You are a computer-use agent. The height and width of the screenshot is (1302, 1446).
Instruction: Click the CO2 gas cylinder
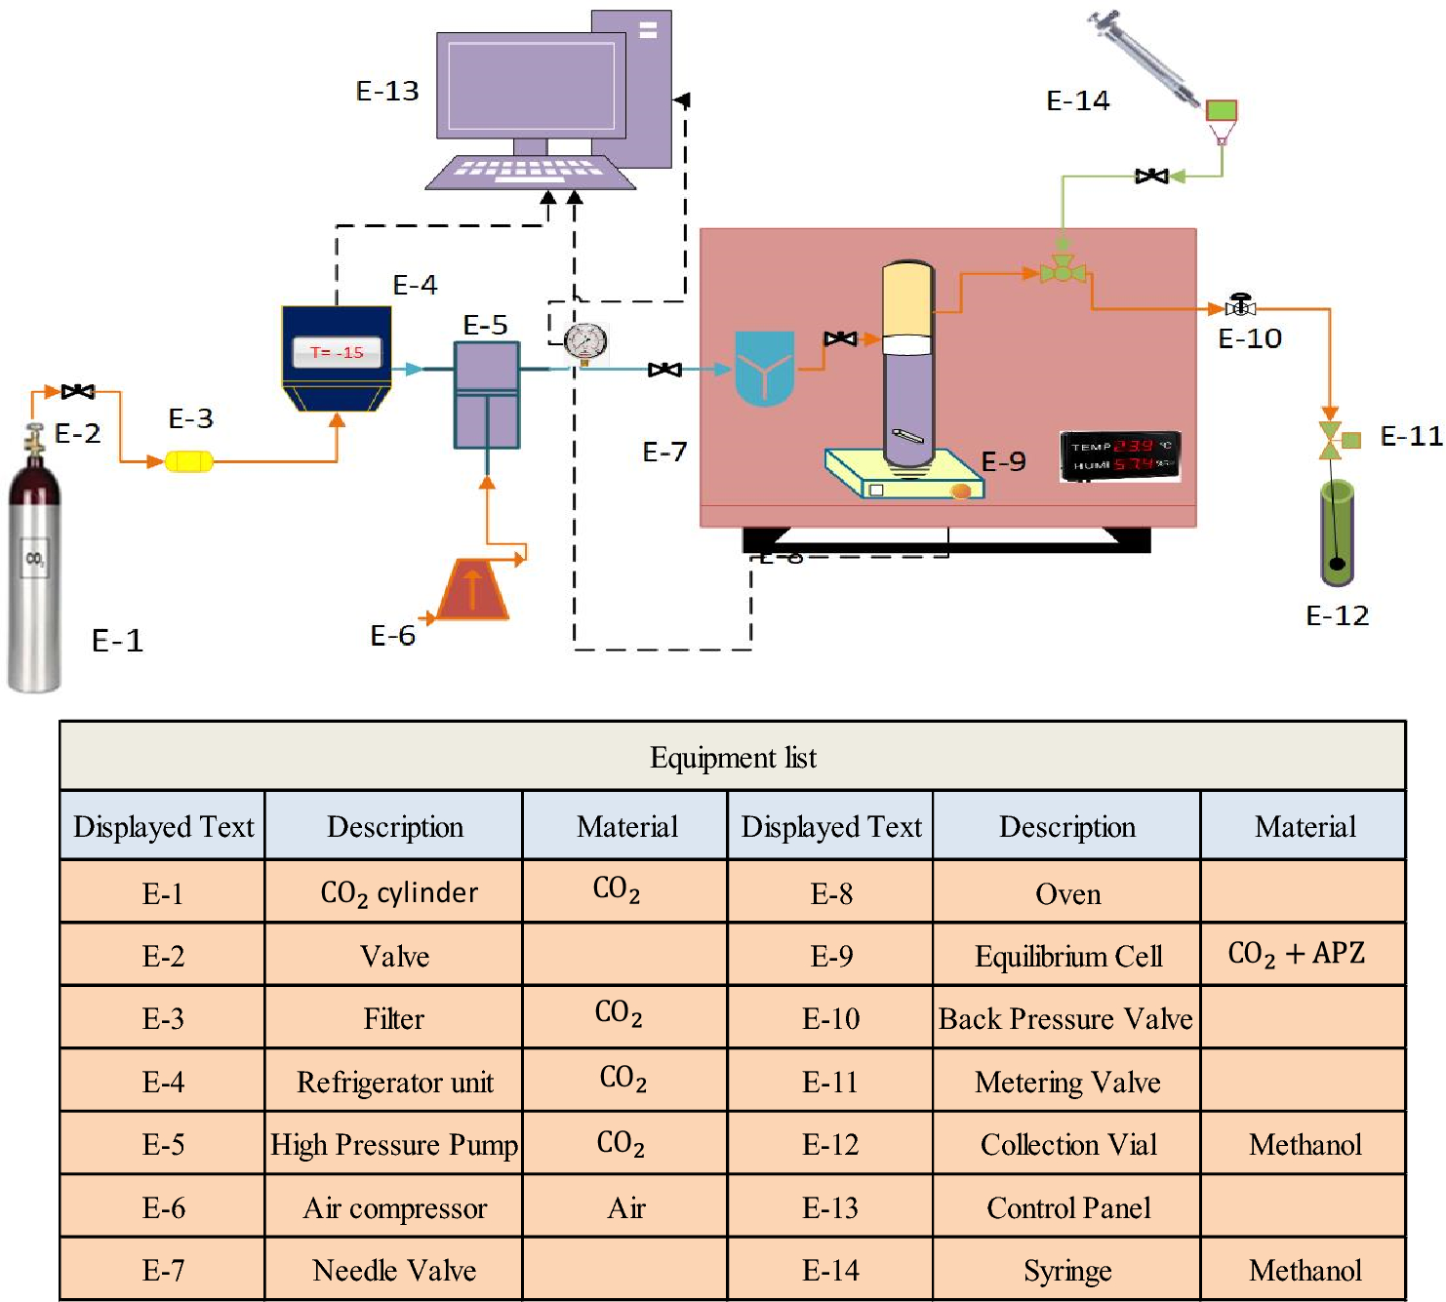pos(34,575)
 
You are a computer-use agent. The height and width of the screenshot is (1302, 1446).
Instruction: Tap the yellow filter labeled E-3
pos(188,460)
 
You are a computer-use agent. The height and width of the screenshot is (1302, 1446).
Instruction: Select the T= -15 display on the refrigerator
pos(337,352)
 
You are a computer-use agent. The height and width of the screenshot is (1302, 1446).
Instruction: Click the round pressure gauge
pos(585,342)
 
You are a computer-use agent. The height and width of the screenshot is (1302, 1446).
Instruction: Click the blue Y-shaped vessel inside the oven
pos(764,368)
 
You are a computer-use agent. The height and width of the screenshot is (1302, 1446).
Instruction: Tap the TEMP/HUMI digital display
pos(1120,455)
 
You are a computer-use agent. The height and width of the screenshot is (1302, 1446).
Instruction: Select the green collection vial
pos(1337,532)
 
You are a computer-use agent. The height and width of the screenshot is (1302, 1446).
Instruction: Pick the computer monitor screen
pos(531,86)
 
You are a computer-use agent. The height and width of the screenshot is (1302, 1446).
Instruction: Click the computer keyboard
pos(530,173)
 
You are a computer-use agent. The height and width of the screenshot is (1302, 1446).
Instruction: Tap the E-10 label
pos(1250,338)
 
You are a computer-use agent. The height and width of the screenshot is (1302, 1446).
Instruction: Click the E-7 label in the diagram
pos(664,452)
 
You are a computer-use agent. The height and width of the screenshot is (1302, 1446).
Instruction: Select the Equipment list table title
pos(733,758)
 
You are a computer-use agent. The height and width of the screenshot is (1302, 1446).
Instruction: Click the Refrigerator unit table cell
pos(394,1082)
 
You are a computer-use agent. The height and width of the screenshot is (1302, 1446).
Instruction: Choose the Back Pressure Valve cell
pos(1065,1018)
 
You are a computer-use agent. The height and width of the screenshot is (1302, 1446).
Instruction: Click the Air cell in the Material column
pos(625,1208)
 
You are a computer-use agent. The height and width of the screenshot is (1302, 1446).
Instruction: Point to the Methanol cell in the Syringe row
pos(1305,1270)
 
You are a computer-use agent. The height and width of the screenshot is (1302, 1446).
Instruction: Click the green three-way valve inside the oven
pos(1063,271)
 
